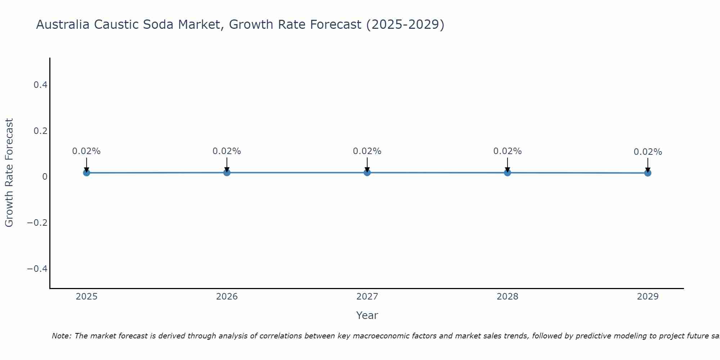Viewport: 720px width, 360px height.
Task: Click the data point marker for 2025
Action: (x=86, y=173)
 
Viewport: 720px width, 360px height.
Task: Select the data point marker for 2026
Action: (x=227, y=172)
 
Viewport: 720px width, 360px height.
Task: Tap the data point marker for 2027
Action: (x=367, y=172)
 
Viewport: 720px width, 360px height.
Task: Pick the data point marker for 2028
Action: (x=507, y=172)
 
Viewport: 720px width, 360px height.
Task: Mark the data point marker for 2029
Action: (x=648, y=173)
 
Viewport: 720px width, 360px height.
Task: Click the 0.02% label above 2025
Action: (x=86, y=151)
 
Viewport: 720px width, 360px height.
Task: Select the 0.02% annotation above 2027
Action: (x=367, y=151)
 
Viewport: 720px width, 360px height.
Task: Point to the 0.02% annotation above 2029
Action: (x=648, y=152)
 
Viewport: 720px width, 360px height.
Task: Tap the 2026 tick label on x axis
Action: (x=227, y=297)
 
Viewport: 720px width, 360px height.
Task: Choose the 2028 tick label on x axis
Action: (x=507, y=297)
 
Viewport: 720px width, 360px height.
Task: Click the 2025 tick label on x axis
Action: (x=87, y=297)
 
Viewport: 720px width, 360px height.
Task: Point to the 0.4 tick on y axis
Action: (x=40, y=85)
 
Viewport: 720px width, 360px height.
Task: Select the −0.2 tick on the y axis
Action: (x=37, y=223)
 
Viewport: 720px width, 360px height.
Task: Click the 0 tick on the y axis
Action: (x=45, y=177)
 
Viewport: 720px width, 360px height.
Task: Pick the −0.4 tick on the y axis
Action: (x=37, y=269)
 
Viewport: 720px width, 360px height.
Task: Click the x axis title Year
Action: (x=367, y=315)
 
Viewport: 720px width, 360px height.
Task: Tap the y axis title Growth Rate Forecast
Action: (x=9, y=173)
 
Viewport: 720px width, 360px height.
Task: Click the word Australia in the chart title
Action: (x=63, y=24)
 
